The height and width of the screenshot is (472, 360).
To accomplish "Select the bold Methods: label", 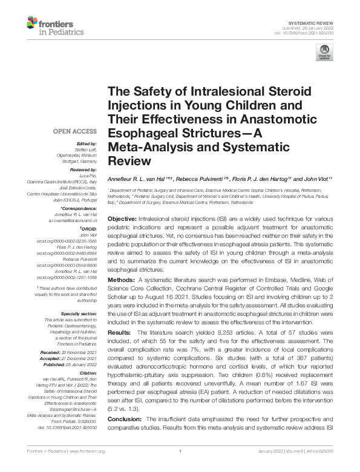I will [x=121, y=281].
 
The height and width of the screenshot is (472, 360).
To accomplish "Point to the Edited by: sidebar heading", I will [x=85, y=143].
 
